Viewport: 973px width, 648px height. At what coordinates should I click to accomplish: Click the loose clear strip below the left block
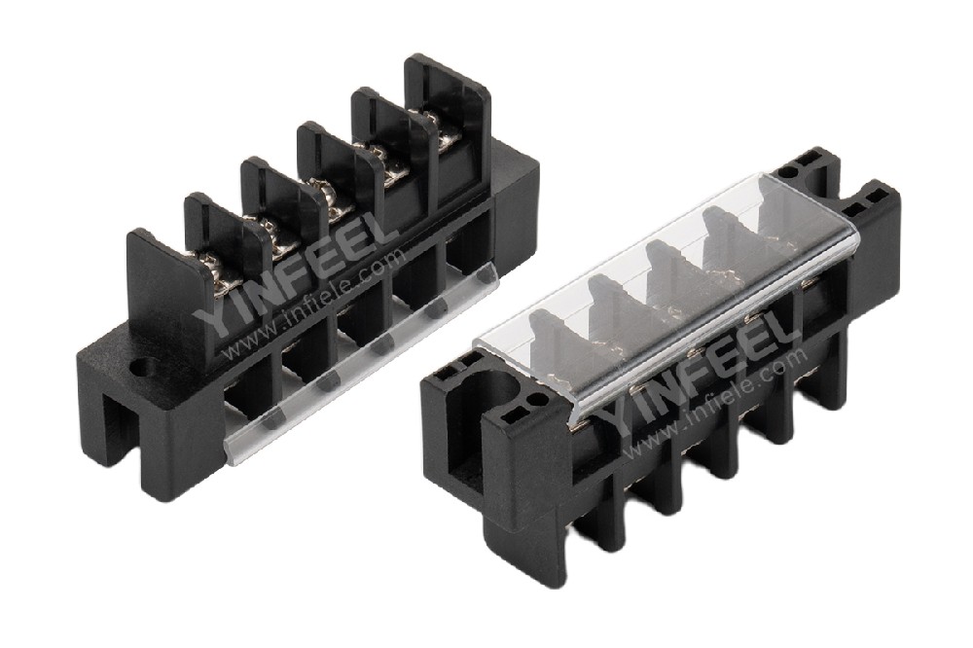tap(362, 363)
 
